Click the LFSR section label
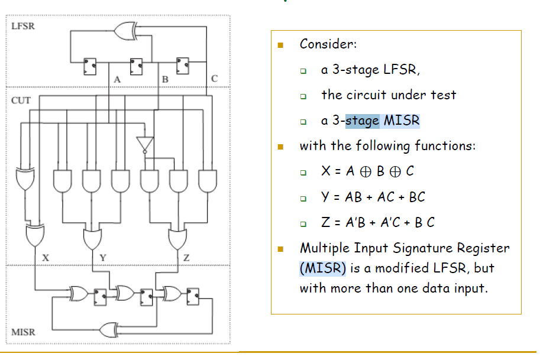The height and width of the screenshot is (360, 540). tap(23, 27)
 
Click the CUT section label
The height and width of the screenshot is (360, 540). tap(21, 100)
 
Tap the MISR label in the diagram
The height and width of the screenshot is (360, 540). tap(23, 332)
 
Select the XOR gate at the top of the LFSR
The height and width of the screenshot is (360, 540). tap(126, 29)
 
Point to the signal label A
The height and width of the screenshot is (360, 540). tap(118, 79)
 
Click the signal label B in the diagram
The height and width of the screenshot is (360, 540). tap(165, 79)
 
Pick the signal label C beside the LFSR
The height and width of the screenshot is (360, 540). tap(214, 78)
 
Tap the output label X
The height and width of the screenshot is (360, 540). tap(46, 257)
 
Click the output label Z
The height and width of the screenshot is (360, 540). tap(186, 257)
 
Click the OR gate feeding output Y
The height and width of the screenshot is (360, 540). tap(93, 238)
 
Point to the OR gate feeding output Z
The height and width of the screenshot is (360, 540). tap(177, 238)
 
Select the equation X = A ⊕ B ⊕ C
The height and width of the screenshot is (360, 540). tap(367, 171)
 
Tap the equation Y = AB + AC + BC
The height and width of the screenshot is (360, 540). tap(373, 197)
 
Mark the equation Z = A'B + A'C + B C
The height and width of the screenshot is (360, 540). tap(377, 222)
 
